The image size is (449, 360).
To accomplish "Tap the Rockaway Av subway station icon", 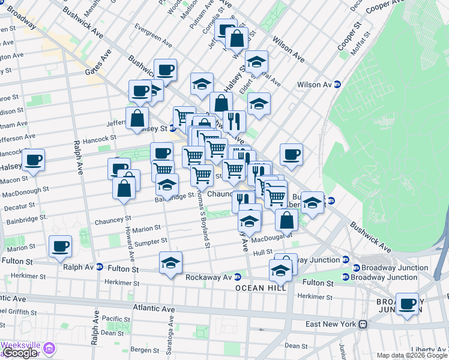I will tap(238, 277).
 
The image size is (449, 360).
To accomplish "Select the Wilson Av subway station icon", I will tap(337, 85).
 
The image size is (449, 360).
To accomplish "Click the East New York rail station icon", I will tap(363, 324).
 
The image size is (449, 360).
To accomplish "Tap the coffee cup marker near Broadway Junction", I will tap(407, 305).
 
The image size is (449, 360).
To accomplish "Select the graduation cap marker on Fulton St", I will tap(170, 263).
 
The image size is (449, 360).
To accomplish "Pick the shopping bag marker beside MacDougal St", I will tap(287, 220).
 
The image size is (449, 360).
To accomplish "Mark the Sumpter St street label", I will tap(151, 241).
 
